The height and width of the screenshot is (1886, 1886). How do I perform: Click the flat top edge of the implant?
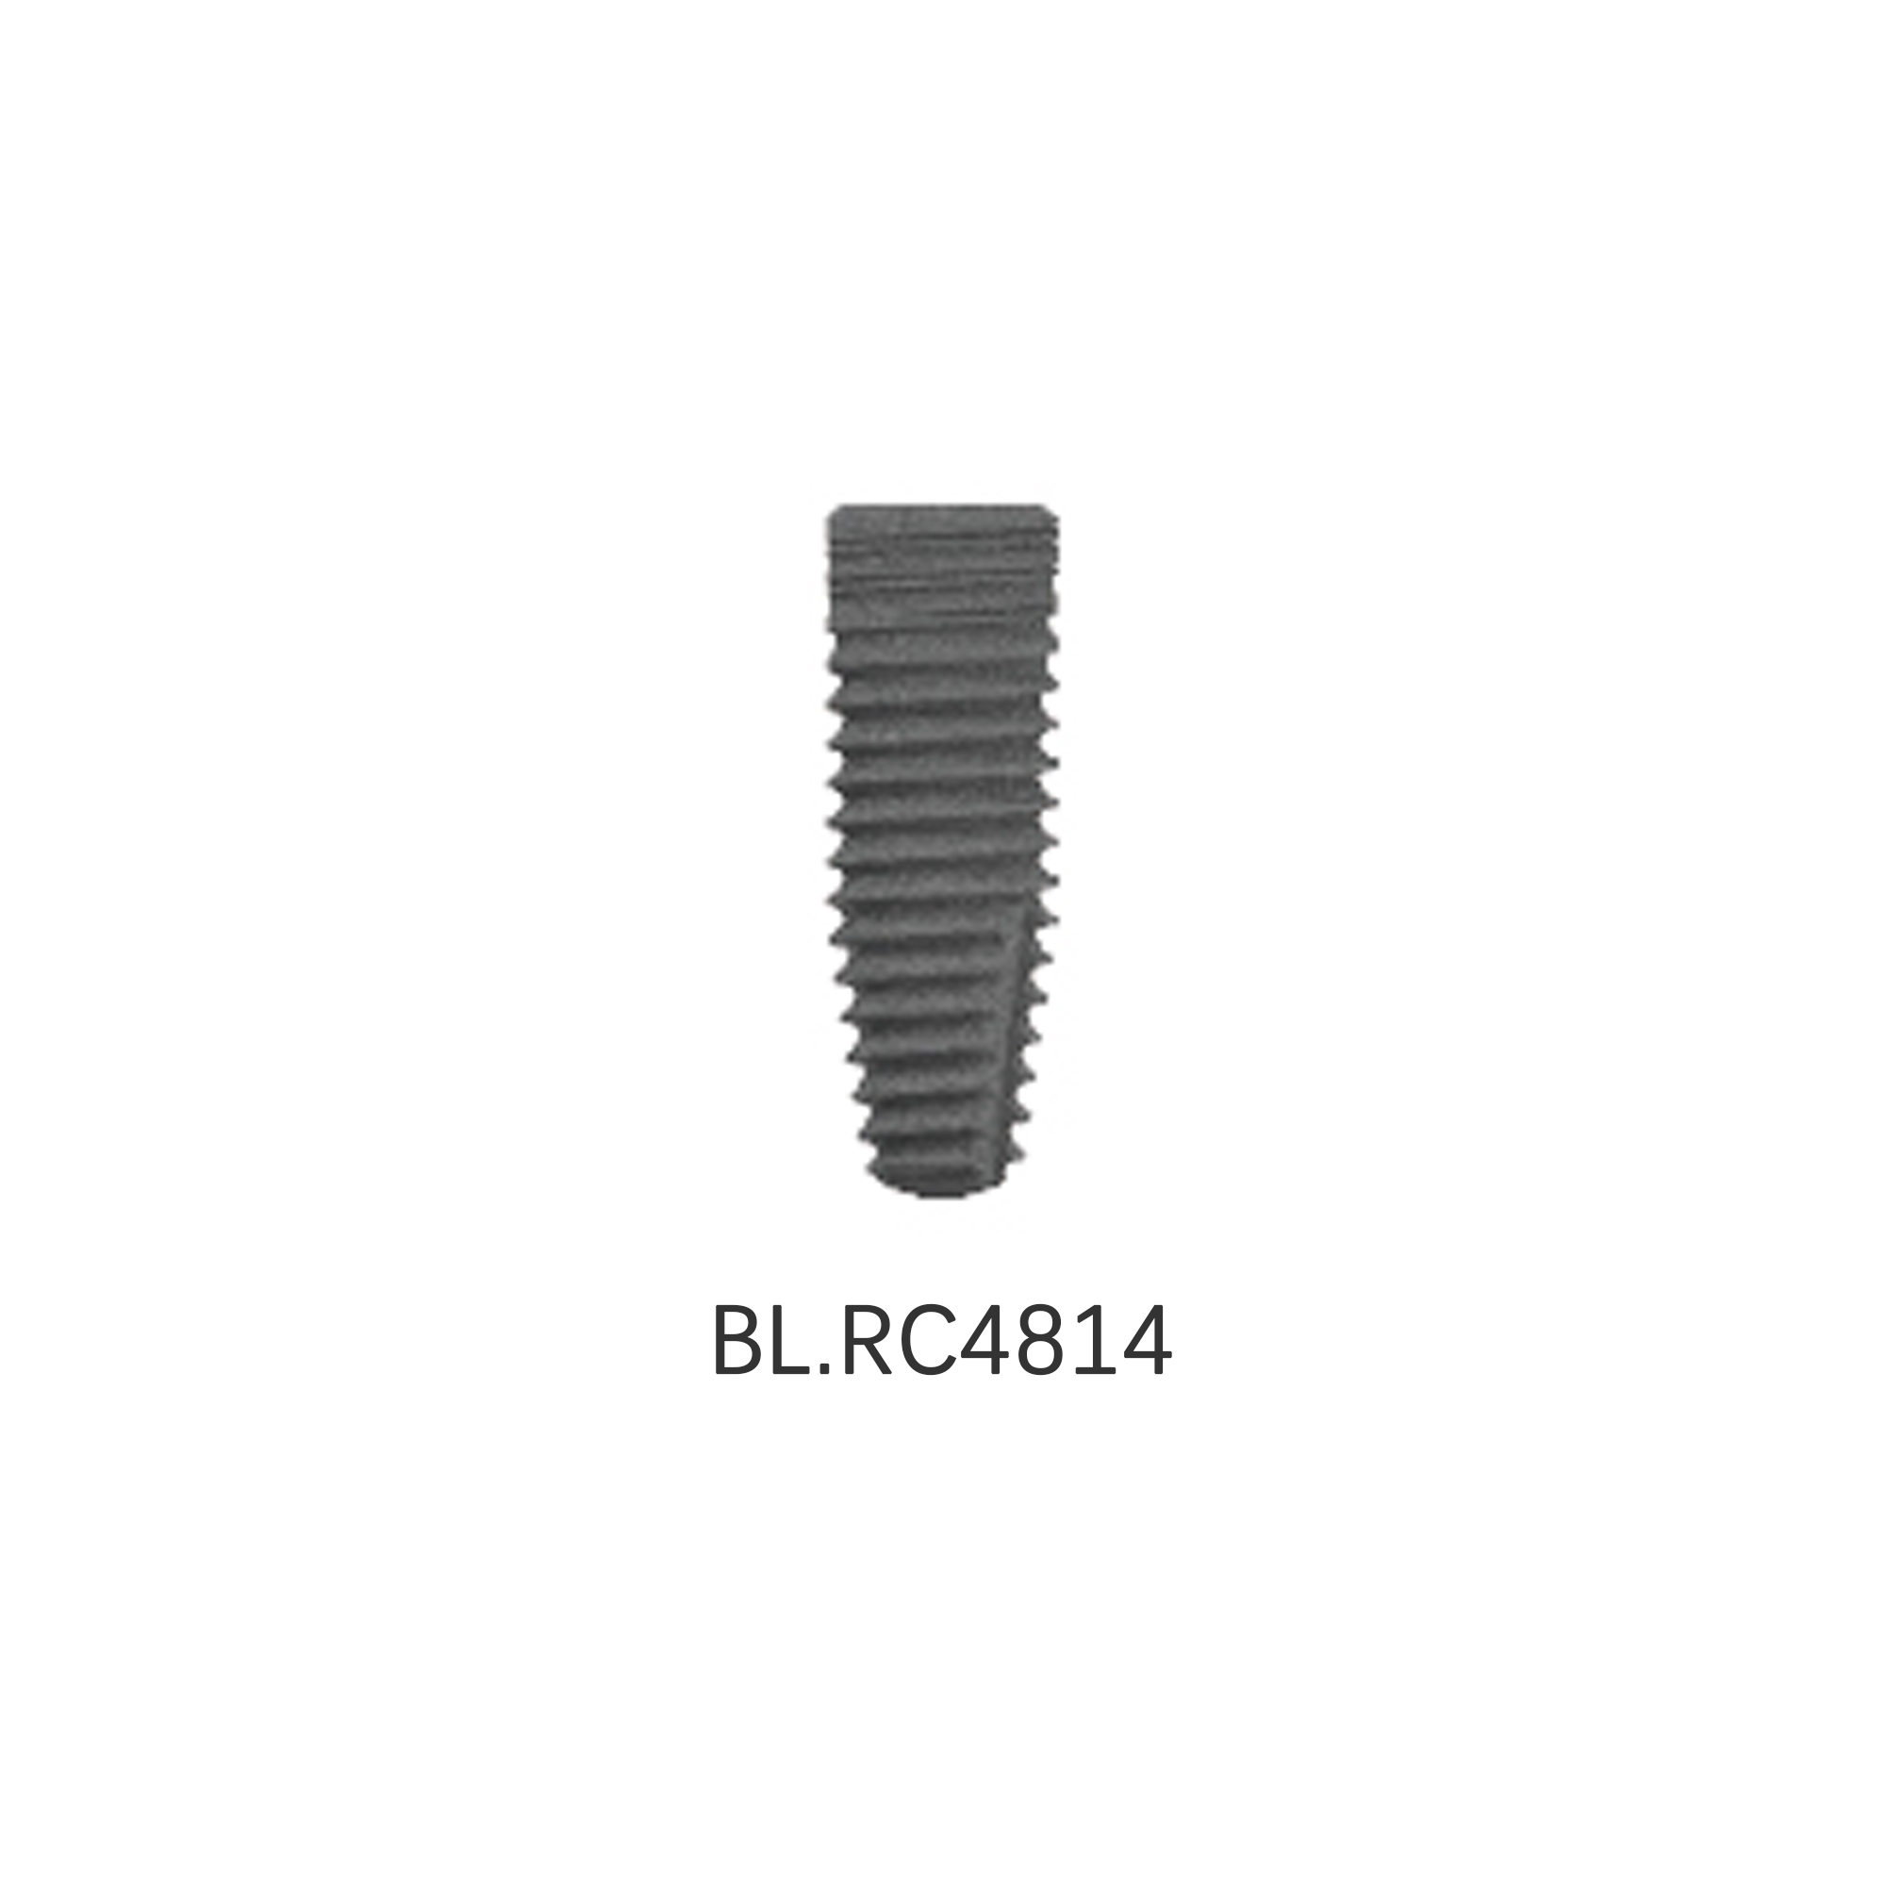coord(943,507)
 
